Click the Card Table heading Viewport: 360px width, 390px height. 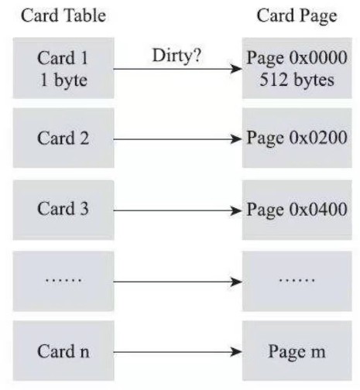pos(63,16)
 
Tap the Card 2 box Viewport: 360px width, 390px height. pos(63,139)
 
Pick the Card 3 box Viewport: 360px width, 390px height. pos(63,210)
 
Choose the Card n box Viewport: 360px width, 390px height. pos(63,351)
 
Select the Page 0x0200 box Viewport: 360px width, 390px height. pos(297,139)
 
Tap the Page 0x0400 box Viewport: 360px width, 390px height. pos(297,210)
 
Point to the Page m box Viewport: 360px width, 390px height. pos(297,351)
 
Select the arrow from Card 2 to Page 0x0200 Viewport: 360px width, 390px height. pos(177,139)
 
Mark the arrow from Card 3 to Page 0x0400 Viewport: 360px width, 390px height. pos(177,210)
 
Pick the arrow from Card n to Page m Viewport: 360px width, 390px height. pos(177,352)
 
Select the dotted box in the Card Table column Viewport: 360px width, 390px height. pos(63,280)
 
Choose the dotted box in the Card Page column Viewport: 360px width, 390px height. pos(297,280)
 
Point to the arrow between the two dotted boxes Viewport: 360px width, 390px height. pos(177,281)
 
